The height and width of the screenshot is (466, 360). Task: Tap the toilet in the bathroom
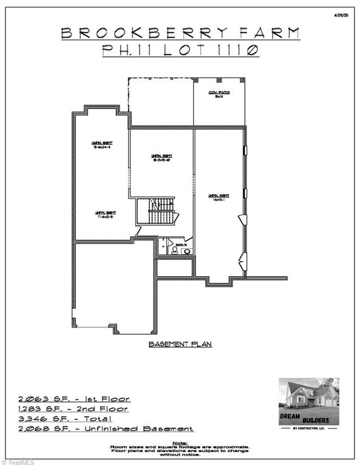coord(174,249)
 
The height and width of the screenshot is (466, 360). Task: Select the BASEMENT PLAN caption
coord(180,344)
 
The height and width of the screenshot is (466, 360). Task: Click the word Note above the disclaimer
coord(180,443)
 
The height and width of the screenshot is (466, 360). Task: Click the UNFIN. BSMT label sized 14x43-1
coord(219,197)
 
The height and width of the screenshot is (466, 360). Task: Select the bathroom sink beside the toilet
coord(186,251)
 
